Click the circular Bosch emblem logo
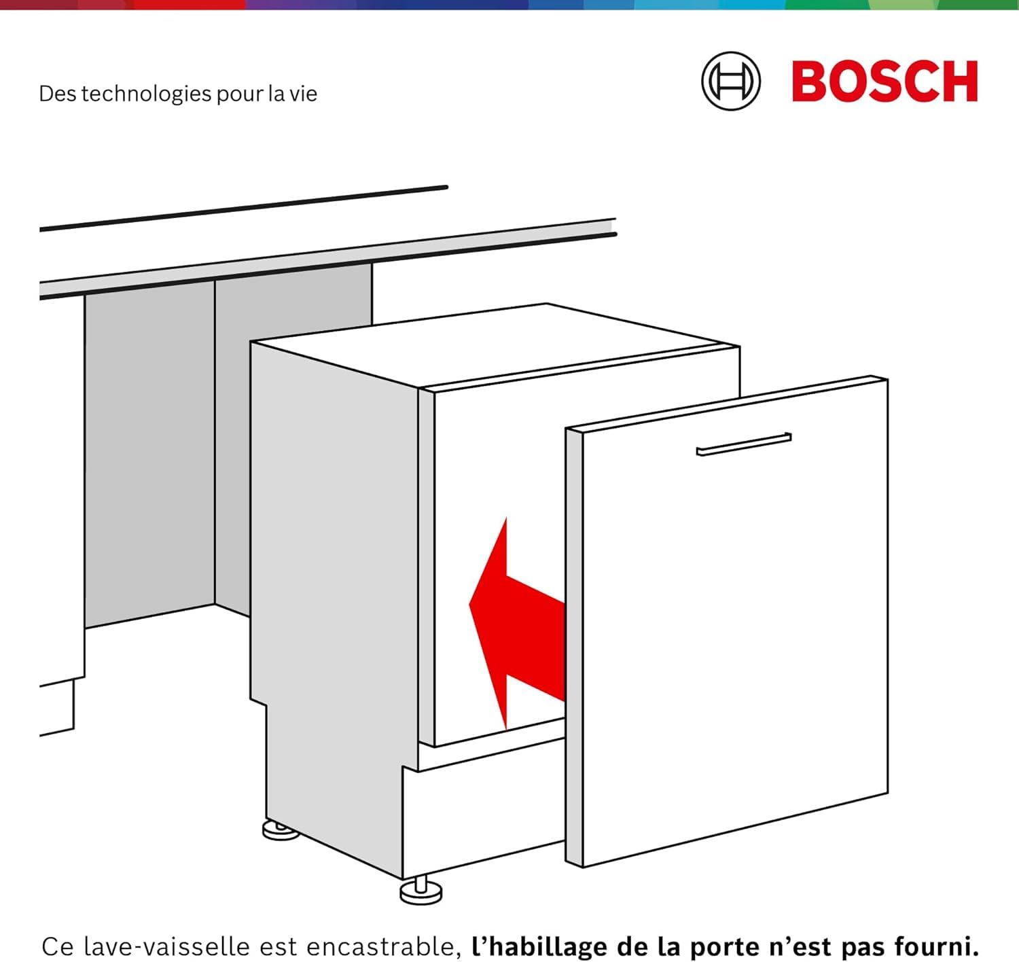point(731,81)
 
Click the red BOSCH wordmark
point(884,82)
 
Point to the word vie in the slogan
point(304,93)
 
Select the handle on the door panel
point(744,444)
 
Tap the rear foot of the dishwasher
point(280,830)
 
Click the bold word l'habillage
point(541,946)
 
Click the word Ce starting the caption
point(57,946)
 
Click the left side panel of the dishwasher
point(333,577)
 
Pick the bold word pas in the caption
point(863,946)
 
